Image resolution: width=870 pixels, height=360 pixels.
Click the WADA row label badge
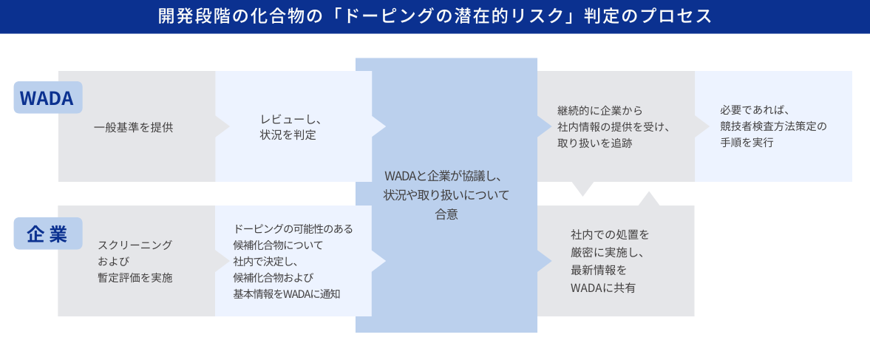pos(48,98)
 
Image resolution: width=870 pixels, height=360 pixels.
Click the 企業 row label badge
pos(48,234)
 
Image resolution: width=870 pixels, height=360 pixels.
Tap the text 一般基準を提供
pos(134,127)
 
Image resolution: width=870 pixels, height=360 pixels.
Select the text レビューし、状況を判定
pos(288,127)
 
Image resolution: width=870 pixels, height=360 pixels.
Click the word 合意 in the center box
pos(446,214)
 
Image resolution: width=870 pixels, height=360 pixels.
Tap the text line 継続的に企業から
pos(599,111)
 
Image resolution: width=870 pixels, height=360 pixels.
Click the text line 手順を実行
pos(747,143)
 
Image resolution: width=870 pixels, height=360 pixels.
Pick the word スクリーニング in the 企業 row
pos(135,245)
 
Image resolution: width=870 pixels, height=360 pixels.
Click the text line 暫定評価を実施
pos(135,277)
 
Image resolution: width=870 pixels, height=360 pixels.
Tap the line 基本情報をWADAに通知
pos(287,294)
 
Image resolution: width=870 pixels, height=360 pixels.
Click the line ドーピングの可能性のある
pos(293,228)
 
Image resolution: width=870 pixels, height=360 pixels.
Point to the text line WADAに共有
pos(602,288)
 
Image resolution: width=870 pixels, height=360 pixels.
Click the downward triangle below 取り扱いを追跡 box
pos(582,189)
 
